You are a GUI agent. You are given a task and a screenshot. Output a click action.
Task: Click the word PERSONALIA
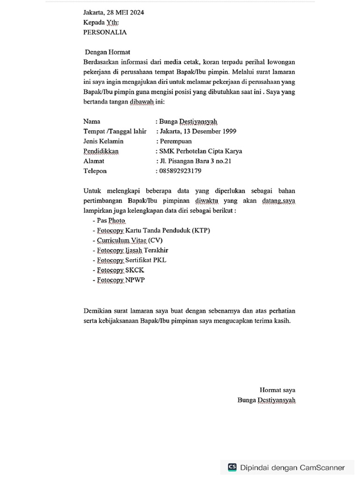tap(105, 32)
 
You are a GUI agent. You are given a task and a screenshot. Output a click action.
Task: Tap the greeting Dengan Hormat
tap(107, 52)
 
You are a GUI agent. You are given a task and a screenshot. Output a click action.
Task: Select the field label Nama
tap(92, 121)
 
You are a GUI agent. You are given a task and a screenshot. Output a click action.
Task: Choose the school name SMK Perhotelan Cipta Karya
tap(201, 151)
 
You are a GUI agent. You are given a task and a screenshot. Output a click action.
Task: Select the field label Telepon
tap(95, 171)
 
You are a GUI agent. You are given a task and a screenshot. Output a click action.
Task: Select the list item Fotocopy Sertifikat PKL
tap(131, 260)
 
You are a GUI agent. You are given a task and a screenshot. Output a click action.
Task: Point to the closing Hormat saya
tap(277, 390)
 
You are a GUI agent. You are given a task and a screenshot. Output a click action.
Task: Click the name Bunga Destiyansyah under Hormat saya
tap(266, 400)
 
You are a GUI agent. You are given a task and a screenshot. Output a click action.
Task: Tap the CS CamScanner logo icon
tap(232, 467)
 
